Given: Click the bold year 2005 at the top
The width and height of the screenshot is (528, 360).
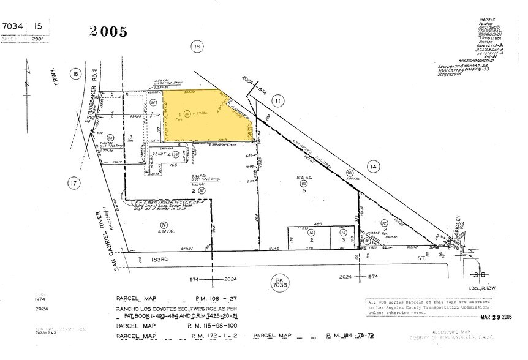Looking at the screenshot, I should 109,31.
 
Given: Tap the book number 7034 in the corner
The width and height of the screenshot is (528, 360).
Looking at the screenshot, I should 14,26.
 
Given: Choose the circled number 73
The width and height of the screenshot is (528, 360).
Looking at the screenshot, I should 111,137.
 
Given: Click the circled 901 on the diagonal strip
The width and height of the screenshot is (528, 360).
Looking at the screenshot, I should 350,173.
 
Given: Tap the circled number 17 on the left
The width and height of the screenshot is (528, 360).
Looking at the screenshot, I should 74,182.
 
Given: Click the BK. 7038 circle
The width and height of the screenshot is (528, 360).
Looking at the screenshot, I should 279,282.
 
